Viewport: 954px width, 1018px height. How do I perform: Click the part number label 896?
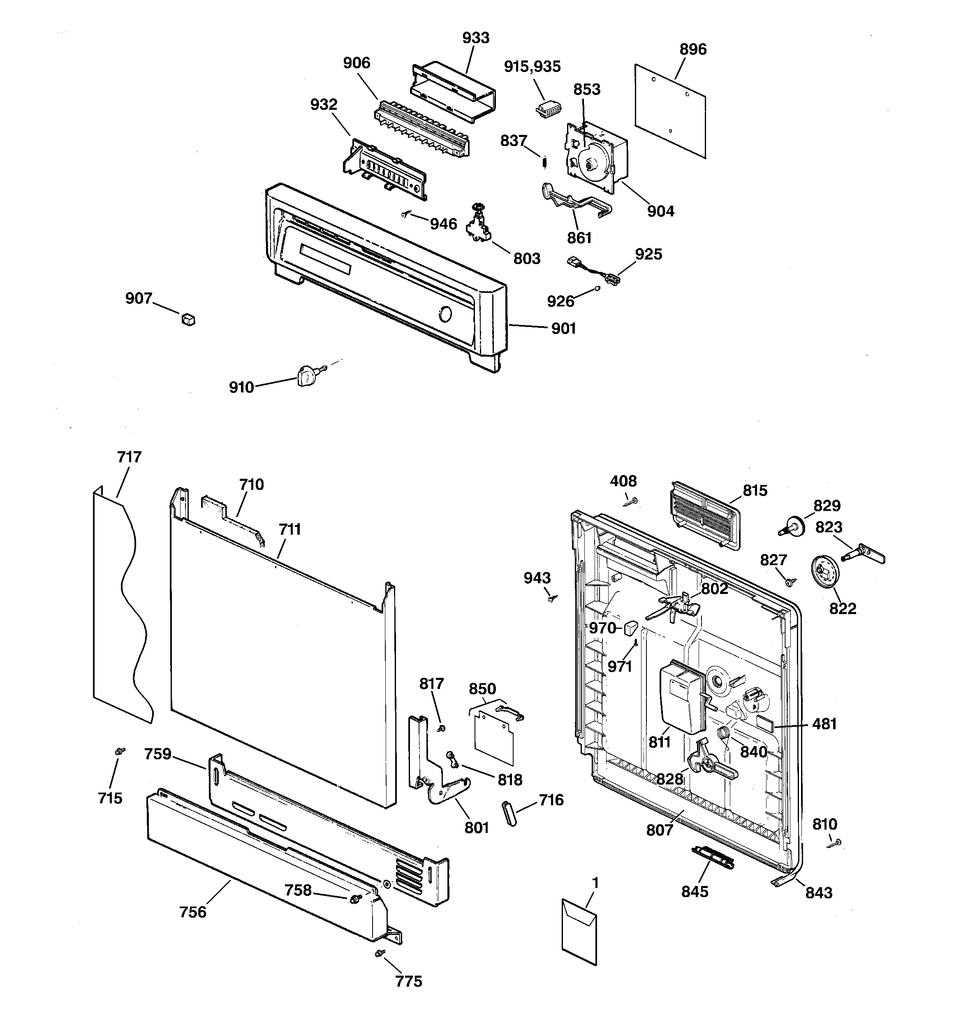[x=693, y=50]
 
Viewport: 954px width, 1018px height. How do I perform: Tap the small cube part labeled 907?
[x=188, y=320]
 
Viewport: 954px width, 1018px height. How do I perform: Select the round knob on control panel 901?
[x=445, y=314]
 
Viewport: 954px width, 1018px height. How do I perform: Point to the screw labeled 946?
[x=405, y=215]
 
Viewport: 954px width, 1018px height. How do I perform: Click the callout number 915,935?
[x=532, y=67]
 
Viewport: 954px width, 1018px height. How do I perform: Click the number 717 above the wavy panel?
[x=129, y=457]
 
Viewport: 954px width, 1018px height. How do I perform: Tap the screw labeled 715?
[x=120, y=751]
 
